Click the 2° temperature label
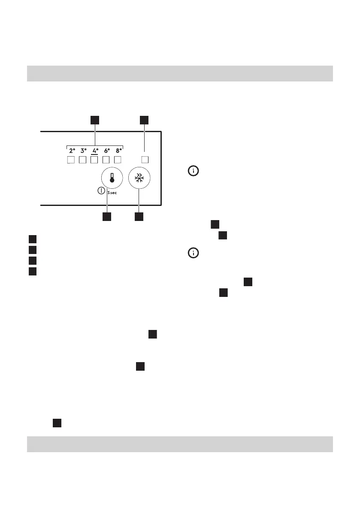point(72,151)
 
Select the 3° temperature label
point(83,151)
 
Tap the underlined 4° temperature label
point(95,151)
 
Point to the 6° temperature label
point(107,151)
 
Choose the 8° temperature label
point(119,151)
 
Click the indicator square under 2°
point(72,160)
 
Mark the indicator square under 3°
point(83,160)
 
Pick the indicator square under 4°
point(95,160)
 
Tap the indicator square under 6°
point(107,160)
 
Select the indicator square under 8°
point(119,160)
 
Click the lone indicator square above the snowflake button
point(145,160)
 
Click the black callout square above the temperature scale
point(95,120)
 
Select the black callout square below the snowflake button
point(138,217)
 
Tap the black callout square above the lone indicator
point(145,120)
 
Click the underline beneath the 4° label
point(95,154)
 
